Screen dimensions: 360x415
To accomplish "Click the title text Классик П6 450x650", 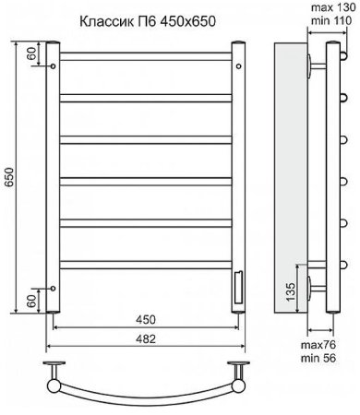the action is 148,21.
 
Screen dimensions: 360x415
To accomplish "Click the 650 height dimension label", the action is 9,178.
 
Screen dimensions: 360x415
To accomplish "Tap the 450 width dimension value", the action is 146,320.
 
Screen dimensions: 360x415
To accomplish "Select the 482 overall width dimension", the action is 146,338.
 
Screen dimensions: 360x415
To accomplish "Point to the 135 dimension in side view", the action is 291,291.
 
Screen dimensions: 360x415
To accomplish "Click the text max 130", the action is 330,7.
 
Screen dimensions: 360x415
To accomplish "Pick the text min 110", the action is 330,20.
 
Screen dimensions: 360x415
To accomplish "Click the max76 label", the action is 318,345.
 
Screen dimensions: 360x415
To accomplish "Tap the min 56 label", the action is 318,358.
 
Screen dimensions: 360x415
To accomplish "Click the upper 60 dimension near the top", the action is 32,53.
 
